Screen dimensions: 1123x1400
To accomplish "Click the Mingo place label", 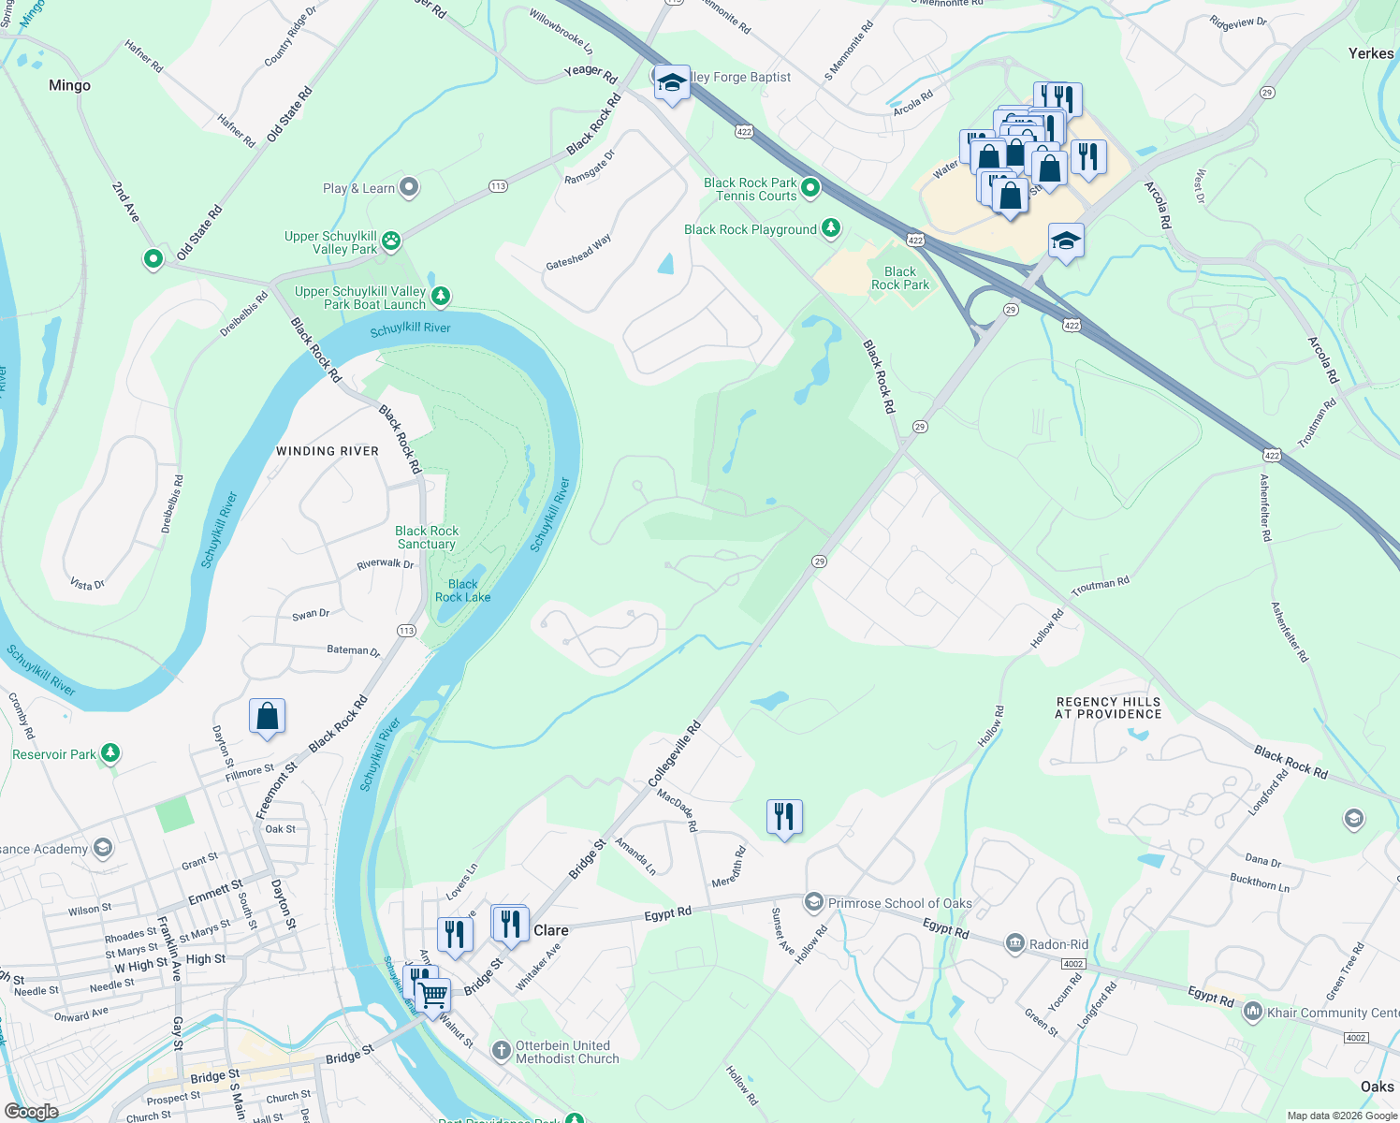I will pyautogui.click(x=70, y=85).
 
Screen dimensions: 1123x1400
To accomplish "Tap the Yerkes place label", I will pyautogui.click(x=1371, y=53).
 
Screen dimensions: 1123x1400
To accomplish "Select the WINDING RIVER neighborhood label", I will pyautogui.click(x=328, y=451).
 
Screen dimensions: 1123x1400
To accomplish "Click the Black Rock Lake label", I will pyautogui.click(x=462, y=591).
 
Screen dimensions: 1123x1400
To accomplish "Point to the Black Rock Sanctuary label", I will pyautogui.click(x=427, y=537).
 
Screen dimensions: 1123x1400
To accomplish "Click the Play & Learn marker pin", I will pyautogui.click(x=409, y=187).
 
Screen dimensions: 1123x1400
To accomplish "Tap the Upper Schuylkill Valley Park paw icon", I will pyautogui.click(x=391, y=241).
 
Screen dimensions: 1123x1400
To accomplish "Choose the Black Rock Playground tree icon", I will pyautogui.click(x=830, y=228).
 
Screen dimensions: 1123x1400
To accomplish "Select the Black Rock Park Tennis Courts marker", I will pyautogui.click(x=810, y=188).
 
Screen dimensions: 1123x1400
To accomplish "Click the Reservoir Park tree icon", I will pyautogui.click(x=110, y=753).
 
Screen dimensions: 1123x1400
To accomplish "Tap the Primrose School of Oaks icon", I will pyautogui.click(x=813, y=902).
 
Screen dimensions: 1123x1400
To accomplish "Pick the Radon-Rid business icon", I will pyautogui.click(x=1015, y=943).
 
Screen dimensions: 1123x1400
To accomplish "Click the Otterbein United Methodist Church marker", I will pyautogui.click(x=502, y=1051).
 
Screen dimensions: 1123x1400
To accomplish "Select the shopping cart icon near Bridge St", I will pyautogui.click(x=432, y=996).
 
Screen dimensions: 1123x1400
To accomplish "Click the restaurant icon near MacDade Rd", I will pyautogui.click(x=784, y=817).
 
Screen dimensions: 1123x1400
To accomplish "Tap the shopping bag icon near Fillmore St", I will pyautogui.click(x=267, y=717).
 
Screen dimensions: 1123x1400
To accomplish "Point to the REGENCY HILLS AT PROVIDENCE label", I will pyautogui.click(x=1108, y=707).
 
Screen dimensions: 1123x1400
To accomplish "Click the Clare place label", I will pyautogui.click(x=551, y=930).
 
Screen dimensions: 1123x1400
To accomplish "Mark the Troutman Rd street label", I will pyautogui.click(x=1101, y=584).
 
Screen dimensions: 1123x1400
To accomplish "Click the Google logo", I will pyautogui.click(x=31, y=1112).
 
